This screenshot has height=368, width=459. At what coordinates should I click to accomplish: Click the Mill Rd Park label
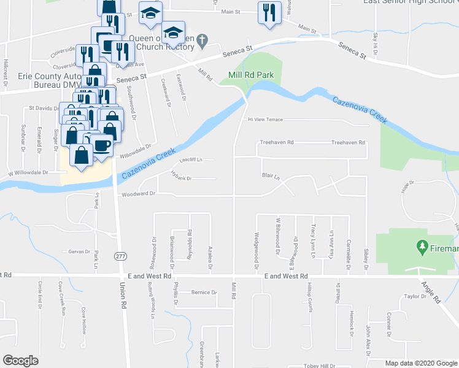pyautogui.click(x=250, y=75)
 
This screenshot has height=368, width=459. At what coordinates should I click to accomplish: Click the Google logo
pyautogui.click(x=20, y=361)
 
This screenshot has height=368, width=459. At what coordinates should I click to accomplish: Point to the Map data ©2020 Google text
pyautogui.click(x=422, y=363)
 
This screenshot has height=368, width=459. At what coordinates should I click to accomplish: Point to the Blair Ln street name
pyautogui.click(x=271, y=176)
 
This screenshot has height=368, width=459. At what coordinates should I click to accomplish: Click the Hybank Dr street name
pyautogui.click(x=181, y=178)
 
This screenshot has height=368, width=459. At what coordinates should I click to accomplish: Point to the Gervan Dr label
pyautogui.click(x=80, y=252)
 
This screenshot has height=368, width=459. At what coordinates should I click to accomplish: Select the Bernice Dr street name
pyautogui.click(x=204, y=292)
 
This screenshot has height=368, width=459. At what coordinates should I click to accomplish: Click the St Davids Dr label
pyautogui.click(x=43, y=108)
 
